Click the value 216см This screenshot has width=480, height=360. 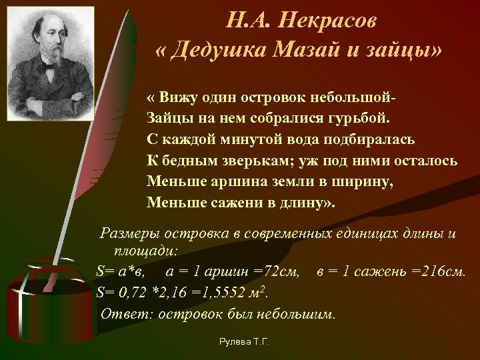443,271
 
